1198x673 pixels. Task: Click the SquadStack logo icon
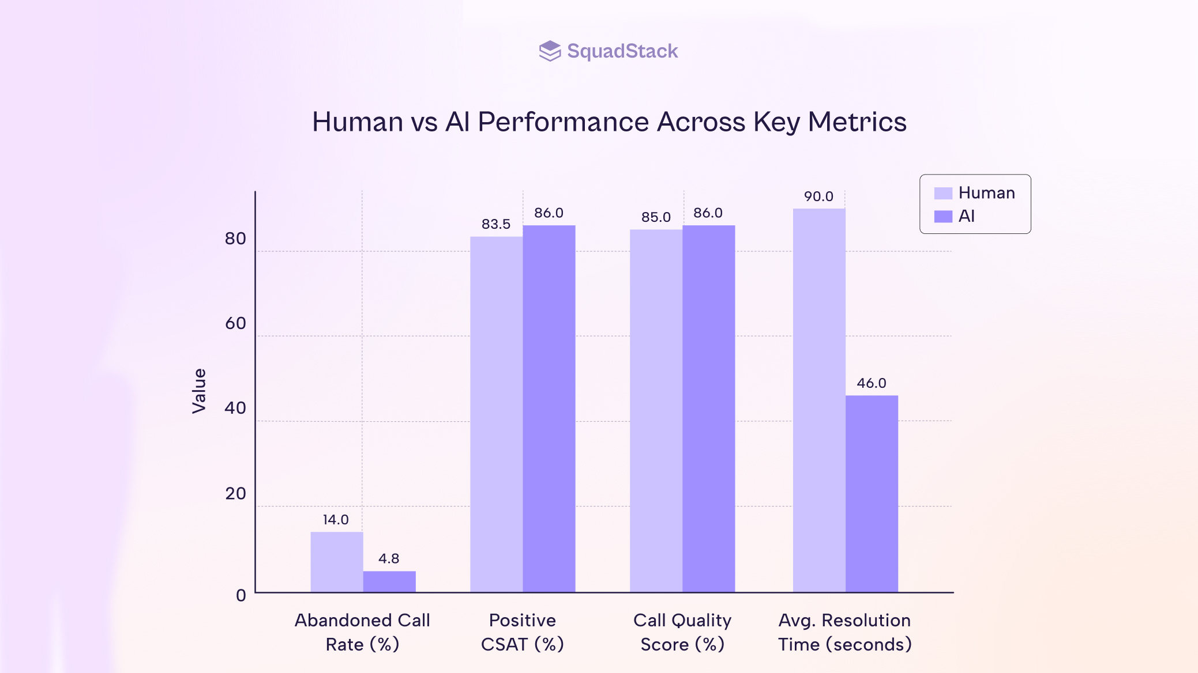coord(550,51)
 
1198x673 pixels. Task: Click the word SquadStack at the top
coord(622,51)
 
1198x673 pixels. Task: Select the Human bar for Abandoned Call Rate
coord(337,562)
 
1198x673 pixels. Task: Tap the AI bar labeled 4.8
coord(389,581)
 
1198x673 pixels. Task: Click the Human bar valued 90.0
coord(819,400)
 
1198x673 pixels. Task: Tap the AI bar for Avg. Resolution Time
coord(872,493)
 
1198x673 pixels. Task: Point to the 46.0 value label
coord(871,383)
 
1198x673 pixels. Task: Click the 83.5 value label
coord(496,224)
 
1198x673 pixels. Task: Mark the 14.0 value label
coord(336,520)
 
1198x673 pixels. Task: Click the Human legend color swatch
coord(943,193)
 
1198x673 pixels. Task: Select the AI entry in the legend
coord(966,216)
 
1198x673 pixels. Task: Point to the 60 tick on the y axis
coord(235,323)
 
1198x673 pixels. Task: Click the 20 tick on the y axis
coord(235,493)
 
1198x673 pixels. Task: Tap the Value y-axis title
coord(199,391)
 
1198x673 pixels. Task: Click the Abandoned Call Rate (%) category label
coord(362,632)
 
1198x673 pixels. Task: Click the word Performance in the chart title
coord(563,122)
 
